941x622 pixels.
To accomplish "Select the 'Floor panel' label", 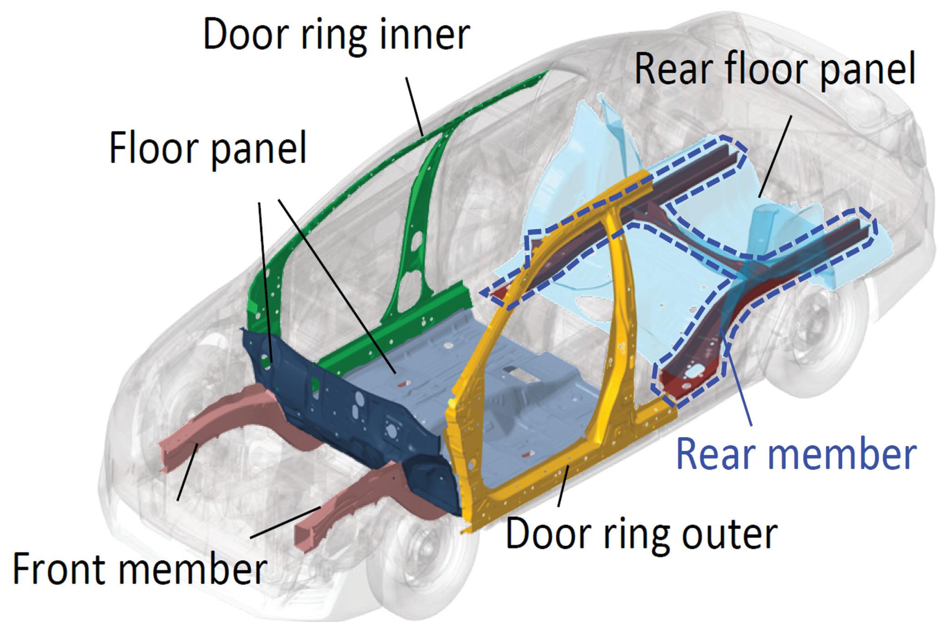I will [x=208, y=148].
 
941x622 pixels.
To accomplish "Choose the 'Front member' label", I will [x=139, y=569].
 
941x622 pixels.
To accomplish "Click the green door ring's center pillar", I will [x=412, y=237].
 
